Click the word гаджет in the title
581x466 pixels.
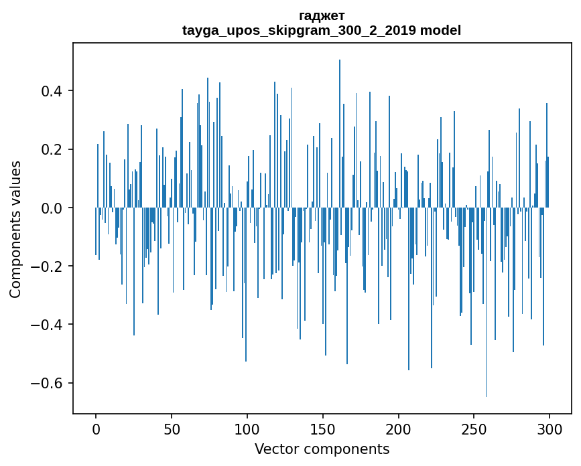[x=322, y=15]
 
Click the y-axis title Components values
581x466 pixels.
[x=15, y=229]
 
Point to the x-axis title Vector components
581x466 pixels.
[x=322, y=449]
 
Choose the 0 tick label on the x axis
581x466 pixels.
[x=96, y=429]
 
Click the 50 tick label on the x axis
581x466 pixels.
[x=172, y=429]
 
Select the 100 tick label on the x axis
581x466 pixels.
[x=247, y=429]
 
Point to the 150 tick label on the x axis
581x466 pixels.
[x=323, y=429]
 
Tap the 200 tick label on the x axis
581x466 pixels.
[x=399, y=429]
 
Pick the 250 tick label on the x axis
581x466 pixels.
[x=474, y=429]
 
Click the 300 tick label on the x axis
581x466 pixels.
[x=550, y=429]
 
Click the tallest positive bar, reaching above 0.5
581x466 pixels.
[x=340, y=134]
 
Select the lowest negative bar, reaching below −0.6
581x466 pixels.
[x=487, y=301]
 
